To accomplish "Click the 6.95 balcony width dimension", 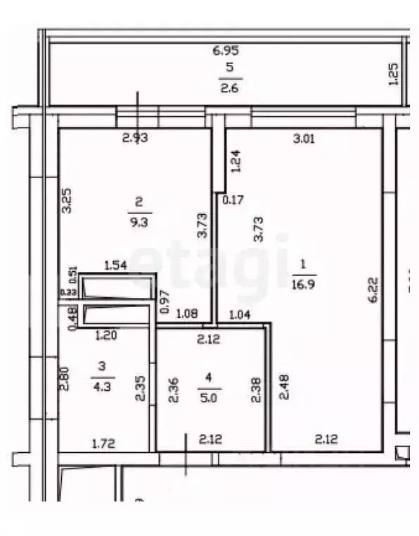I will coord(226,51).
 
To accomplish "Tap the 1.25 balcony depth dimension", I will coord(394,74).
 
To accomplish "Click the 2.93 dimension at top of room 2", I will coord(135,138).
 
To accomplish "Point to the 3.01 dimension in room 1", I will coord(304,139).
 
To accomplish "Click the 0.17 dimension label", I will coord(233,200).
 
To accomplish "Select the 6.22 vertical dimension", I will coord(373,289).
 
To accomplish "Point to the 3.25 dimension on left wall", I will coord(65,201).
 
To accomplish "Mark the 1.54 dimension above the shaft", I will coord(115,266).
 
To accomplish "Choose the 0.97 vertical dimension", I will coord(166,301).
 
